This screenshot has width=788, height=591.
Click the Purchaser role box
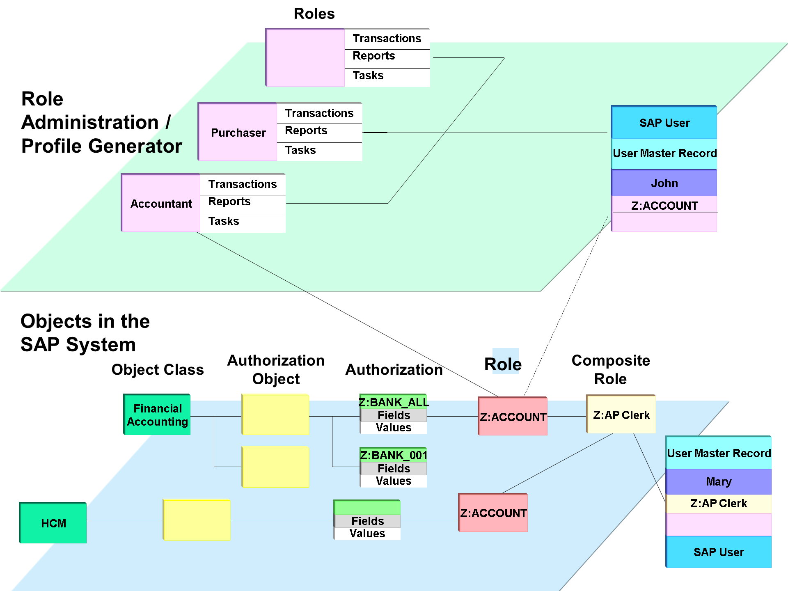(x=238, y=132)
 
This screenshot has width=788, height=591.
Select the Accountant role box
(x=161, y=203)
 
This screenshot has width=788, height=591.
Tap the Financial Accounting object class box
(x=157, y=415)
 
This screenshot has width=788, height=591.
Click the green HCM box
(x=53, y=523)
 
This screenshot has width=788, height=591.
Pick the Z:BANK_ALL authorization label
(x=394, y=402)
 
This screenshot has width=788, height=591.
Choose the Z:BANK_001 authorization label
(x=394, y=455)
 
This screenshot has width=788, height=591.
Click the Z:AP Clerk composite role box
(x=621, y=414)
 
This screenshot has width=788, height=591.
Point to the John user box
(x=664, y=183)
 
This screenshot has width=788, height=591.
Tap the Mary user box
(x=719, y=481)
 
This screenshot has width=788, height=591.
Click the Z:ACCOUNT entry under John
(x=664, y=206)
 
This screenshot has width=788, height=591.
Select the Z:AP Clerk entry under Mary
(x=719, y=504)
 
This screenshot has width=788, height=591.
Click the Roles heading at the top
(x=314, y=14)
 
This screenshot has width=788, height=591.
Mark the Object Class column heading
(x=158, y=370)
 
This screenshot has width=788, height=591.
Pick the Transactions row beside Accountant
(x=243, y=184)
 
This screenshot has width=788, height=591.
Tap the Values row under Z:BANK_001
(x=394, y=481)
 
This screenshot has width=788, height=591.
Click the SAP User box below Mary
(x=719, y=552)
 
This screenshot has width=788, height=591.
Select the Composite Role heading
(x=611, y=370)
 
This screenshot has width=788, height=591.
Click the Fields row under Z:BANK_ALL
(x=394, y=415)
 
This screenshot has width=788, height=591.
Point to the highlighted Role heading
(x=503, y=364)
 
